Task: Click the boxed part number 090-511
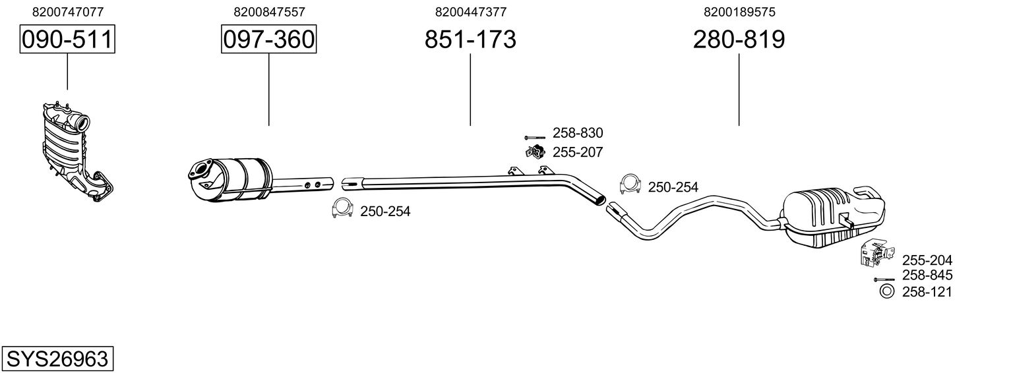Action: pyautogui.click(x=67, y=40)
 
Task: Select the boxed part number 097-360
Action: pyautogui.click(x=268, y=40)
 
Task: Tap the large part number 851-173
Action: pyautogui.click(x=470, y=40)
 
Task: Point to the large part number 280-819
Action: pyautogui.click(x=739, y=40)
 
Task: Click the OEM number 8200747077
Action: pyautogui.click(x=67, y=12)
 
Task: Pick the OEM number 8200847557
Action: pyautogui.click(x=269, y=12)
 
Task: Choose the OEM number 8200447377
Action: pyautogui.click(x=471, y=12)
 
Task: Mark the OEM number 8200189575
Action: pyautogui.click(x=739, y=12)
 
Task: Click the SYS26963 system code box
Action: pyautogui.click(x=57, y=359)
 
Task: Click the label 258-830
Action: pyautogui.click(x=578, y=133)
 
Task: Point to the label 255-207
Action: pyautogui.click(x=578, y=153)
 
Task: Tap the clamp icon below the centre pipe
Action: pyautogui.click(x=341, y=208)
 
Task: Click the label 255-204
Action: pyautogui.click(x=927, y=260)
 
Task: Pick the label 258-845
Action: pyautogui.click(x=927, y=275)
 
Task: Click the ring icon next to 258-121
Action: pyautogui.click(x=886, y=291)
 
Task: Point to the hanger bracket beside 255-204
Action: pyautogui.click(x=876, y=254)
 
